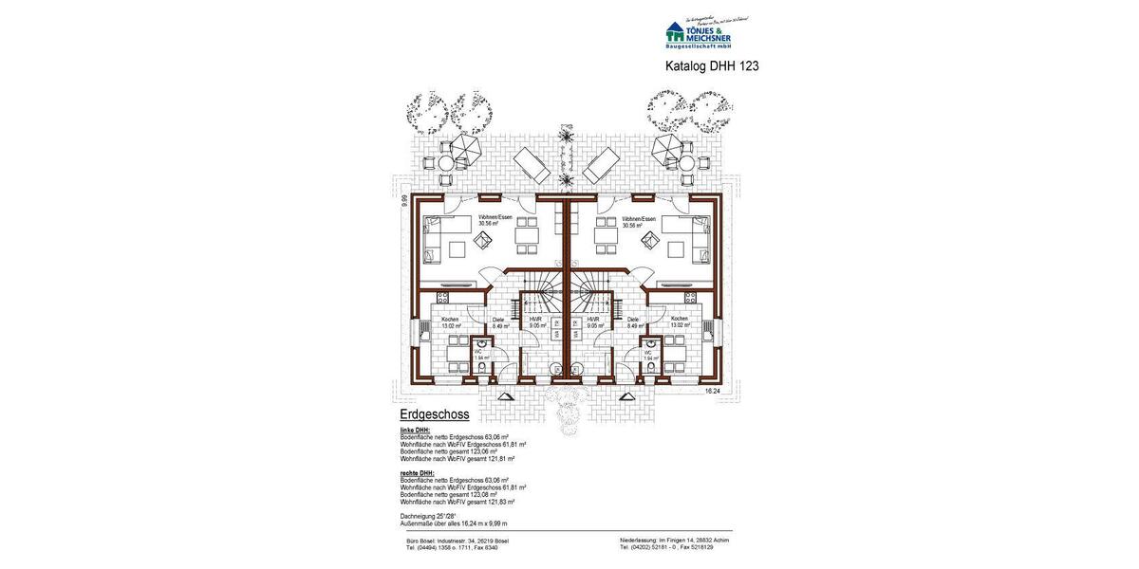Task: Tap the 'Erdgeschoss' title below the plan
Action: pos(434,414)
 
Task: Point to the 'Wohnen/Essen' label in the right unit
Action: pos(639,219)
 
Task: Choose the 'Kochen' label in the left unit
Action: pos(450,320)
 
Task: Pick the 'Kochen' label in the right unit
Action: pos(679,320)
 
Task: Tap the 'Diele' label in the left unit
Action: pos(499,320)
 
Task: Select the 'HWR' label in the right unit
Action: pos(592,320)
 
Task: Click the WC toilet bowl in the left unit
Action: pos(480,368)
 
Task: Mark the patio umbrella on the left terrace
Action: pos(466,147)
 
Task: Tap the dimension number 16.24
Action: pos(713,390)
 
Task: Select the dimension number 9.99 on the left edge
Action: pos(403,199)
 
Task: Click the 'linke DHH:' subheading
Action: pos(415,431)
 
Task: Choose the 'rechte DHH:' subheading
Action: pos(417,472)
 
